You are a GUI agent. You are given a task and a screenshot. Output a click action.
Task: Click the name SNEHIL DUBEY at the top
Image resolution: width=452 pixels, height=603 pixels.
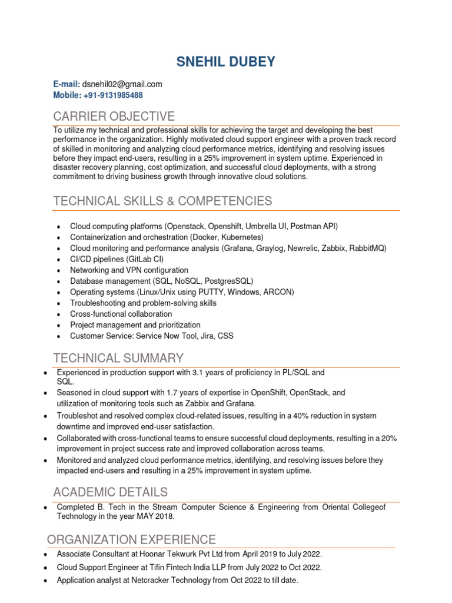[226, 61]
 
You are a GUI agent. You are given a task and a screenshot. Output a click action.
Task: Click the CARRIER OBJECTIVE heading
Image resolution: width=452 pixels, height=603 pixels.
[114, 116]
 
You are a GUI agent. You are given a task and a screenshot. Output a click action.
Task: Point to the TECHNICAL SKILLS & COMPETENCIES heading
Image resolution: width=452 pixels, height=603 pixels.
[162, 201]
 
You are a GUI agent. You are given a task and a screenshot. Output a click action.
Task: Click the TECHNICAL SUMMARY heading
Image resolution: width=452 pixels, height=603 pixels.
[118, 358]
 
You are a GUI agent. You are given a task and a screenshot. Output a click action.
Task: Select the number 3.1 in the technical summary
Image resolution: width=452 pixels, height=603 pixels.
[199, 373]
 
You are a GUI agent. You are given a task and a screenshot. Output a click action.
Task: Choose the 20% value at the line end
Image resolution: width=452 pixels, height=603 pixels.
[389, 438]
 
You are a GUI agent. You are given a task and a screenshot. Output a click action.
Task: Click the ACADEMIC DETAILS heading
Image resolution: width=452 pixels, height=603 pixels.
[110, 492]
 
